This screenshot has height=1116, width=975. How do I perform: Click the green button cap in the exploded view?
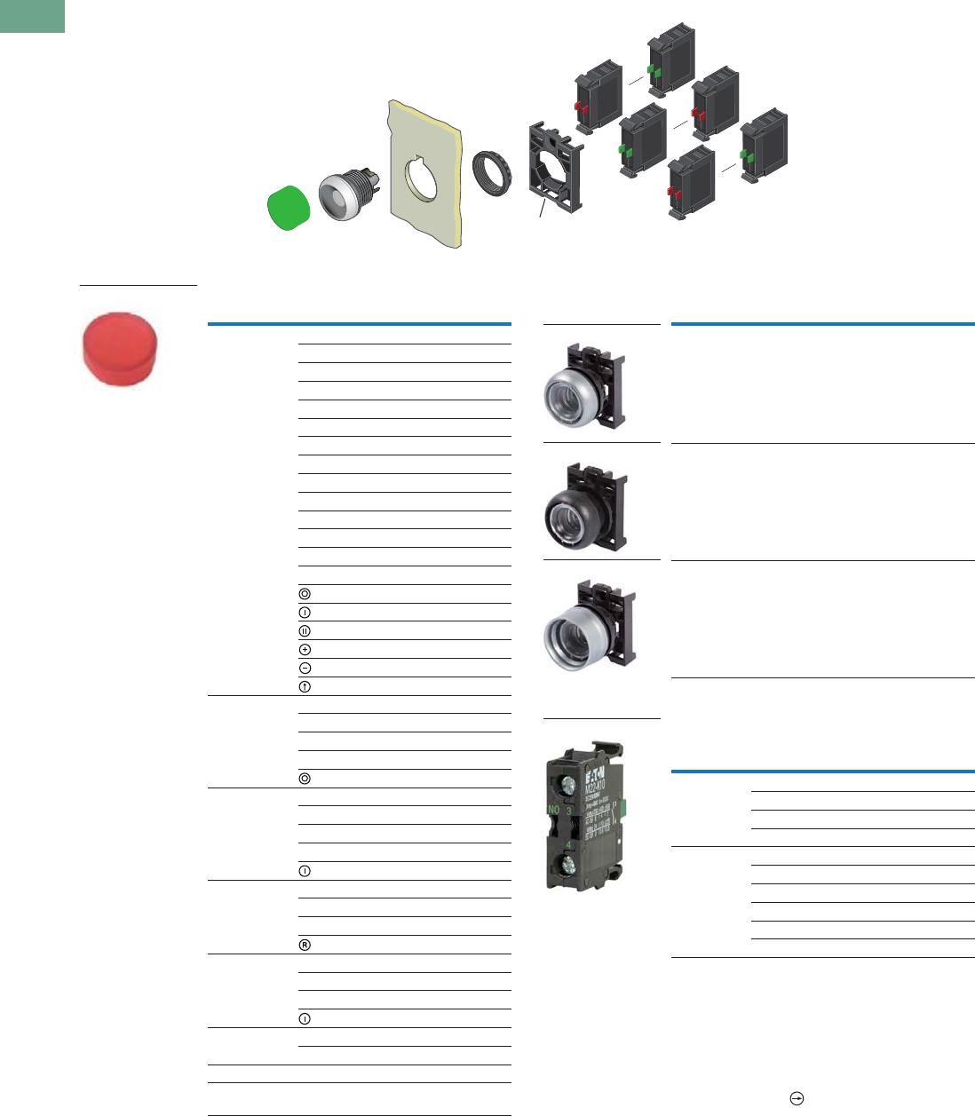pos(289,209)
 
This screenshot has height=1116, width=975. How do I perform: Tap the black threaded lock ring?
pos(491,172)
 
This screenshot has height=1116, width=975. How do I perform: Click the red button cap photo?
pos(121,349)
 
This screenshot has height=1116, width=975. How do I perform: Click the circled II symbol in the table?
pos(305,630)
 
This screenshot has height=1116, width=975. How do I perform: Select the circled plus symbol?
pos(305,649)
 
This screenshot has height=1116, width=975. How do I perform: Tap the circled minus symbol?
pos(305,668)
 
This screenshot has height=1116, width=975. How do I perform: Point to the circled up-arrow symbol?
pos(305,686)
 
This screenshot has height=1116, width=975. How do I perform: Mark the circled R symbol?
pos(305,945)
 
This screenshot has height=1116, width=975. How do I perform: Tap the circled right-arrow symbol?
pos(797,1099)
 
